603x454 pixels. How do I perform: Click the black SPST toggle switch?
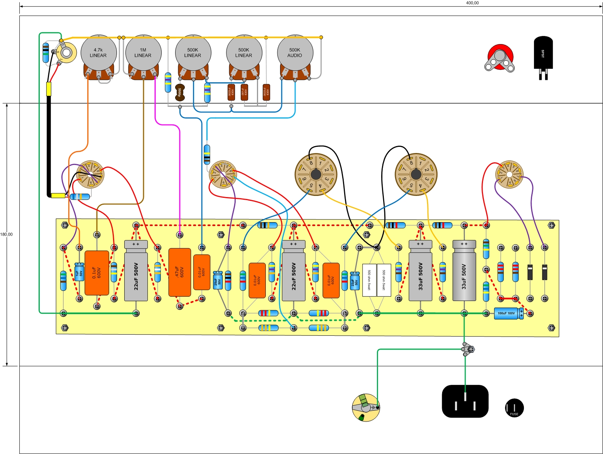[x=543, y=54]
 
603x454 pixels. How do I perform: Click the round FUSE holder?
[x=514, y=408]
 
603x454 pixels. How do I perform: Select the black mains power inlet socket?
[x=465, y=401]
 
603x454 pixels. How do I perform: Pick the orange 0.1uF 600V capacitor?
[x=97, y=273]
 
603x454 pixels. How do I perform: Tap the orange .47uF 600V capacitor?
[x=179, y=272]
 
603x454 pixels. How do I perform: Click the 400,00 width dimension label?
[x=472, y=3]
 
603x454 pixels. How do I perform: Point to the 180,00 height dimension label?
[x=6, y=235]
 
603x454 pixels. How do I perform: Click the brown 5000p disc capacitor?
[x=179, y=92]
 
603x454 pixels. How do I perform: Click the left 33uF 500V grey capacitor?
[x=420, y=270]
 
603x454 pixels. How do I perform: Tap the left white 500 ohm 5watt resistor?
[x=369, y=280]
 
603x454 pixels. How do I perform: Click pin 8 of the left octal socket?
[x=310, y=162]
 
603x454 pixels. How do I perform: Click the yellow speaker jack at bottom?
[x=366, y=408]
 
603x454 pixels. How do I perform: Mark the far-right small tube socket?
[x=509, y=175]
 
